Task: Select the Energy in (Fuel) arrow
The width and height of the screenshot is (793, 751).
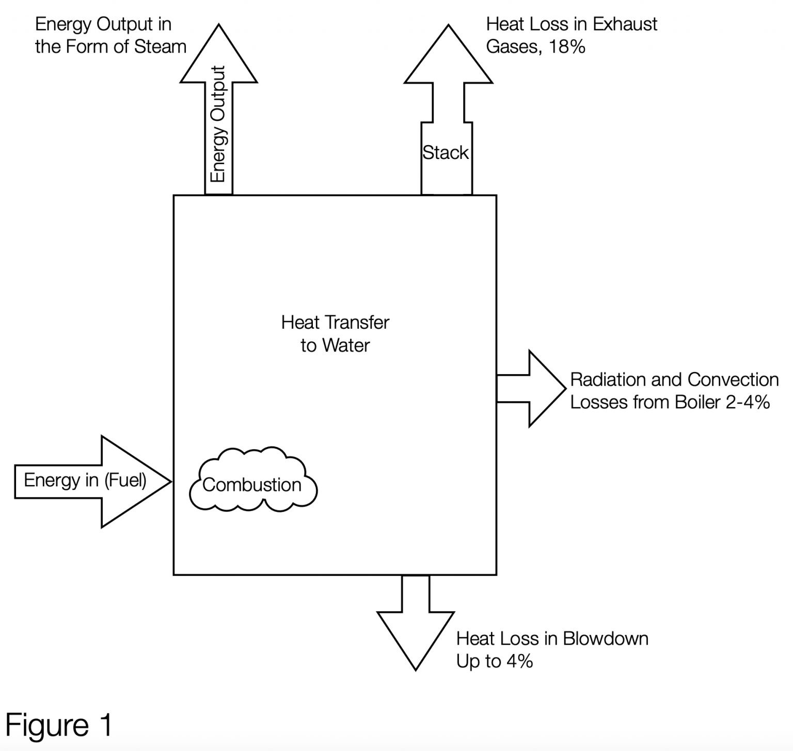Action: click(x=93, y=481)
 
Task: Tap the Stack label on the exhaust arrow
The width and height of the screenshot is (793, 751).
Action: click(x=446, y=153)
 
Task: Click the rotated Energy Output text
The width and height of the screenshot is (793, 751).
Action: click(x=219, y=124)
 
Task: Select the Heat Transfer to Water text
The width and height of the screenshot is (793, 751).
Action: click(x=335, y=333)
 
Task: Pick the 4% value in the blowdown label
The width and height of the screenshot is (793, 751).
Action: click(x=519, y=661)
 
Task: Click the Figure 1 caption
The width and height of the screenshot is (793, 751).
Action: click(x=59, y=725)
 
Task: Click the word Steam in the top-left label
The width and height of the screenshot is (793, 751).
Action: click(x=160, y=47)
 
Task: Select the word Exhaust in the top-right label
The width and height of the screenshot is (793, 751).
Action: click(x=626, y=24)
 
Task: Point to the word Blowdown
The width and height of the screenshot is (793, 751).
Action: click(x=605, y=638)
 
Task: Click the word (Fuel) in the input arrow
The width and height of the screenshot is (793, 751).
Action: click(x=125, y=481)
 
